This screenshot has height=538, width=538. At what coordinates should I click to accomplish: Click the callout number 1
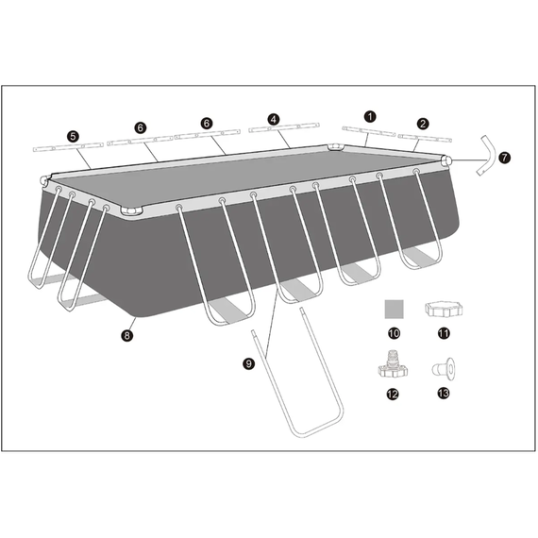pyautogui.click(x=370, y=115)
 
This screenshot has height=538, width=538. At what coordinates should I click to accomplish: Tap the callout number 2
pyautogui.click(x=423, y=123)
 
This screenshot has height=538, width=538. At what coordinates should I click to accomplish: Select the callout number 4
pyautogui.click(x=273, y=120)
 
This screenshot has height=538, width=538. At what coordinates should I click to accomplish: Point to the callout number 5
pyautogui.click(x=73, y=136)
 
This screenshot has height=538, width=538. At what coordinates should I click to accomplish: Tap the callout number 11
pyautogui.click(x=444, y=333)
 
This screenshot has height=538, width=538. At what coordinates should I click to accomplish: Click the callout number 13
pyautogui.click(x=444, y=395)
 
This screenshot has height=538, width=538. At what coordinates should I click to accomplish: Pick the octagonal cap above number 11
pyautogui.click(x=444, y=309)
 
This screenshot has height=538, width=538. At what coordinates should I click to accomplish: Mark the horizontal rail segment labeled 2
pyautogui.click(x=424, y=136)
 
